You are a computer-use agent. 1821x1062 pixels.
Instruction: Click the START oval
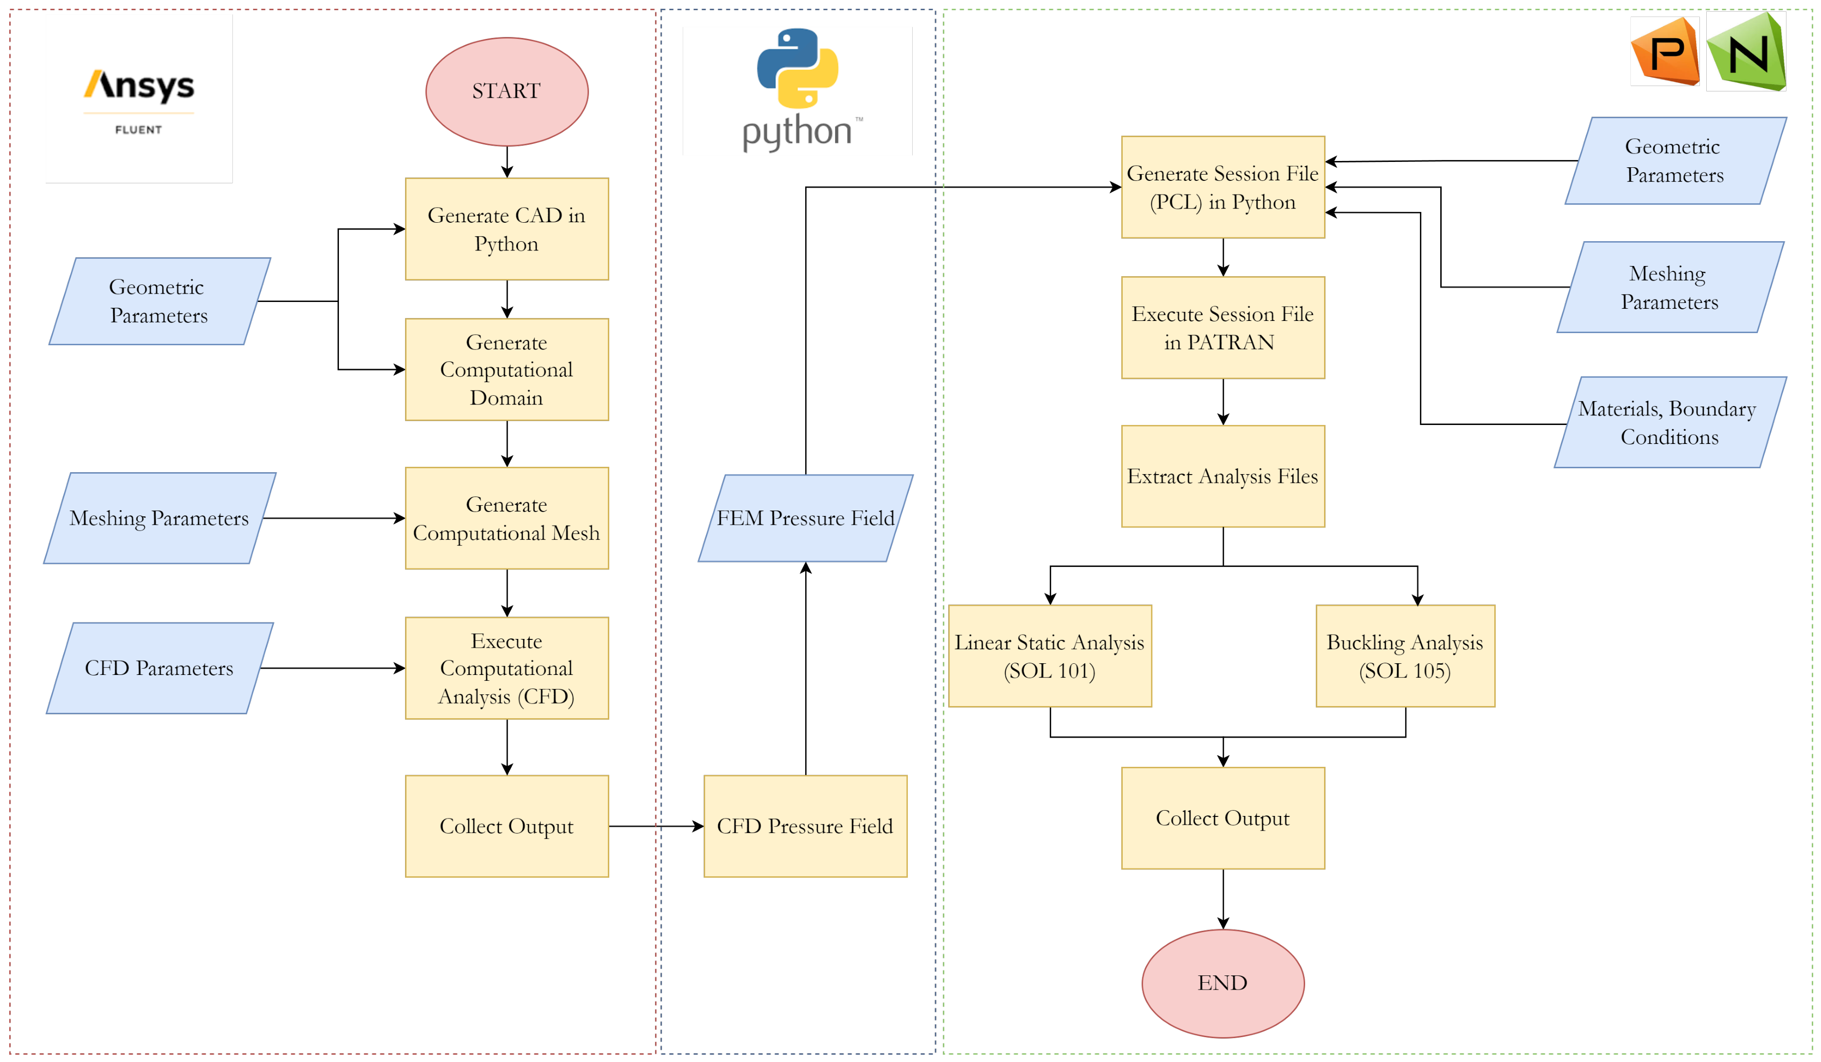pos(507,92)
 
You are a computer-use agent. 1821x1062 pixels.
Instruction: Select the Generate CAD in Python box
pos(507,229)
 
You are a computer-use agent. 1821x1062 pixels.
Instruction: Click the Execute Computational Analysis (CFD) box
pos(507,668)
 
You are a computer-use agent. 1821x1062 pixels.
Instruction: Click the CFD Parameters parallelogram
pos(159,668)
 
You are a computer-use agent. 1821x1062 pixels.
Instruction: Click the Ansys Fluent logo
pos(139,99)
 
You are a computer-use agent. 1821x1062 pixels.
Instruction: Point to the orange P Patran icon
pos(1665,51)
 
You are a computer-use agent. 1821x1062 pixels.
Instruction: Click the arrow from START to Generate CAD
pos(507,162)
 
